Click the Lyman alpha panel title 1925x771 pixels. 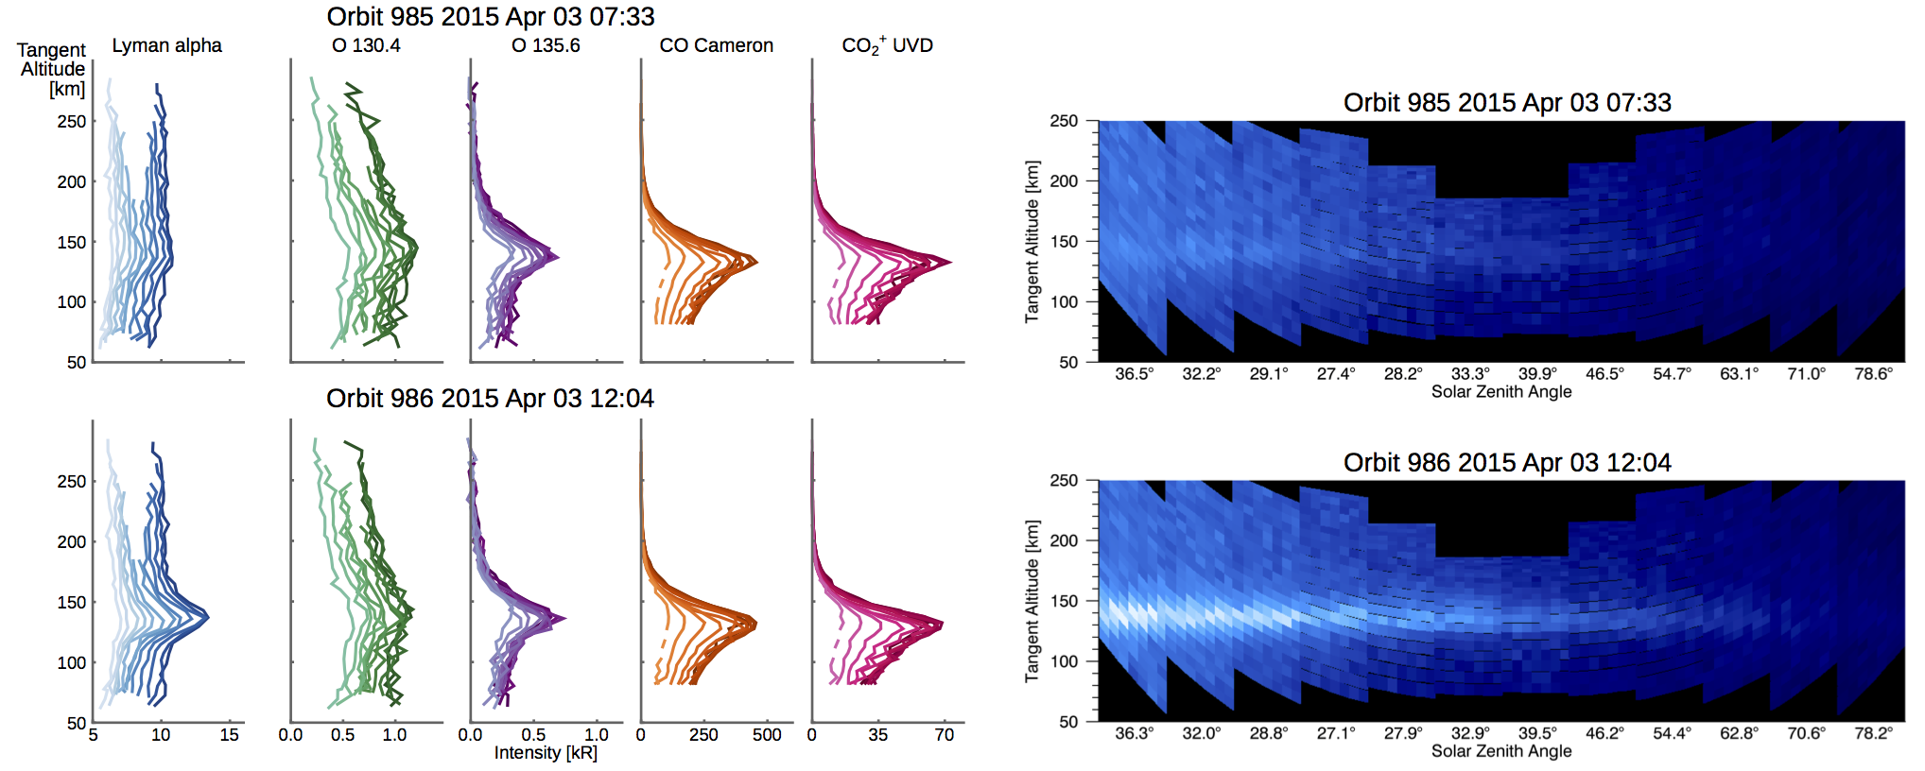(x=166, y=45)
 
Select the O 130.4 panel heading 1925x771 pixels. (x=366, y=45)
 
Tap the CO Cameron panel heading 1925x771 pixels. (x=716, y=45)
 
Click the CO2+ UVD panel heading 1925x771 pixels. (x=887, y=45)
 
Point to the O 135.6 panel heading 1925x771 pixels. (x=546, y=45)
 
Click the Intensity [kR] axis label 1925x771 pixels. (x=546, y=753)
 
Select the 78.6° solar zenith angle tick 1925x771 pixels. (x=1873, y=374)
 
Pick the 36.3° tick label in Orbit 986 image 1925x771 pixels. (x=1134, y=733)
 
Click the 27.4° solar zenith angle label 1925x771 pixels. (x=1335, y=374)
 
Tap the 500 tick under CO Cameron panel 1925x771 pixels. (x=767, y=735)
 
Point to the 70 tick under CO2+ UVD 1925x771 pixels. (x=944, y=735)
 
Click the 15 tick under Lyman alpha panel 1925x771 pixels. (x=229, y=735)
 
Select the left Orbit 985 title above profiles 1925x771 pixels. (x=490, y=16)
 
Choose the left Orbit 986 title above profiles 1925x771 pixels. (x=490, y=398)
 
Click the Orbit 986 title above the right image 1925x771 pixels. (x=1506, y=462)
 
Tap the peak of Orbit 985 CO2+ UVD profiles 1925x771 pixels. (x=949, y=262)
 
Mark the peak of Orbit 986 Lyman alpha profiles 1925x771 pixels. (x=207, y=617)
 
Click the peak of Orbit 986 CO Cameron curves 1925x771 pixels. (x=755, y=624)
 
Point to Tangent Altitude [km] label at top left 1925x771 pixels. (x=52, y=69)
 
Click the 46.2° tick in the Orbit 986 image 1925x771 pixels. (x=1604, y=733)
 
